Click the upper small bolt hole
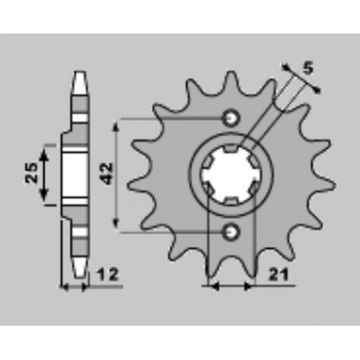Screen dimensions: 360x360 coord(232,118)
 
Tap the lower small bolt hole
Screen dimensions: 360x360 coord(232,232)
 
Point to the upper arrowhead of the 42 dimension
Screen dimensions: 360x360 coord(119,123)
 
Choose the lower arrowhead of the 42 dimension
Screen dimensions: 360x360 coord(119,226)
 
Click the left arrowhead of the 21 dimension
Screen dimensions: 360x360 coord(210,284)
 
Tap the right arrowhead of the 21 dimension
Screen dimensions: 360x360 coord(253,284)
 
